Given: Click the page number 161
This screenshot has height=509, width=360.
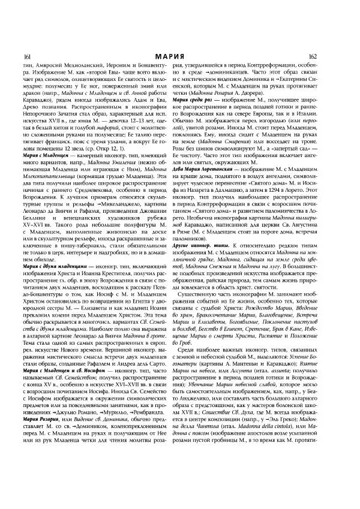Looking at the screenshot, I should [x=26, y=56].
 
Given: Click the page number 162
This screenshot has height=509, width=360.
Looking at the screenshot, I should [x=333, y=56].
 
